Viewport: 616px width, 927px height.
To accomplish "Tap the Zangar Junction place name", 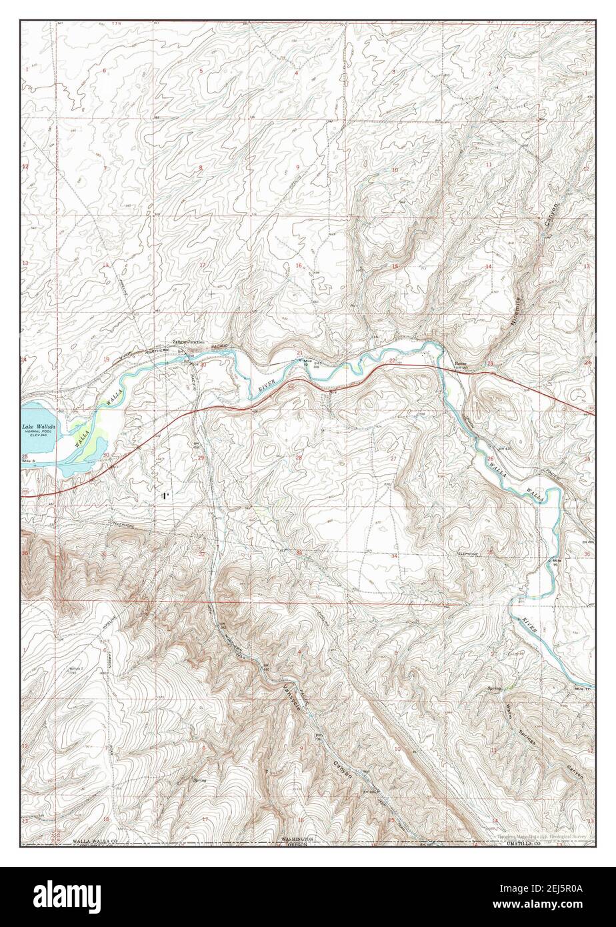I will click(x=189, y=341).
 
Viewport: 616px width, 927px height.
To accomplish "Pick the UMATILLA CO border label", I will click(x=527, y=843).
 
